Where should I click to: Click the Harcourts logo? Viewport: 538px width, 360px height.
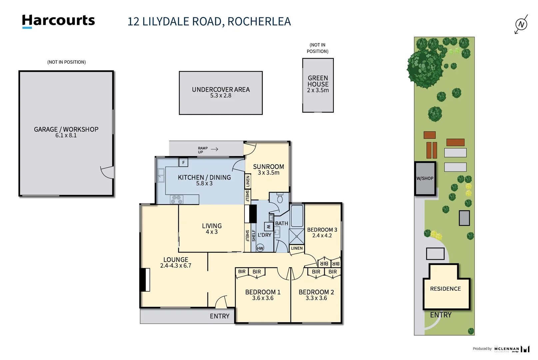(58, 21)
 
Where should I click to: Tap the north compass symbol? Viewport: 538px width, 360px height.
(521, 24)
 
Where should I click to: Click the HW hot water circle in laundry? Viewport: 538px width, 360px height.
(260, 248)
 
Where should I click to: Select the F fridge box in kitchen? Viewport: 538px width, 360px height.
(183, 162)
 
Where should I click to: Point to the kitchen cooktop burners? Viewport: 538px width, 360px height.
(177, 199)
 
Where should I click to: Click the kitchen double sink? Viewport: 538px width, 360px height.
(161, 175)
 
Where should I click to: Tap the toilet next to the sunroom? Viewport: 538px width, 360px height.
(280, 199)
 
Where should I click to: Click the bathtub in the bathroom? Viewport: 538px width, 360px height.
(297, 216)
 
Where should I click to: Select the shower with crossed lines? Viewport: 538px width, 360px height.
(296, 237)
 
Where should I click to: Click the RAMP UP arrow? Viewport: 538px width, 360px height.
(215, 149)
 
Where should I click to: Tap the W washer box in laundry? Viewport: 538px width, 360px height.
(269, 227)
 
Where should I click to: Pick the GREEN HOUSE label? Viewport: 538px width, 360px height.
(318, 81)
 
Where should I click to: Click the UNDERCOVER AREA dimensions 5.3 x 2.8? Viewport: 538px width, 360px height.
(221, 96)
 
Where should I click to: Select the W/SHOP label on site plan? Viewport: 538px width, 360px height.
(425, 178)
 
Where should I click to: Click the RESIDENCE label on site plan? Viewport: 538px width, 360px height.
(445, 289)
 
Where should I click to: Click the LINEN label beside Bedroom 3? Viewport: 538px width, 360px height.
(297, 248)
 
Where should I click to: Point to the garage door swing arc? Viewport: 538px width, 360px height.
(107, 172)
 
